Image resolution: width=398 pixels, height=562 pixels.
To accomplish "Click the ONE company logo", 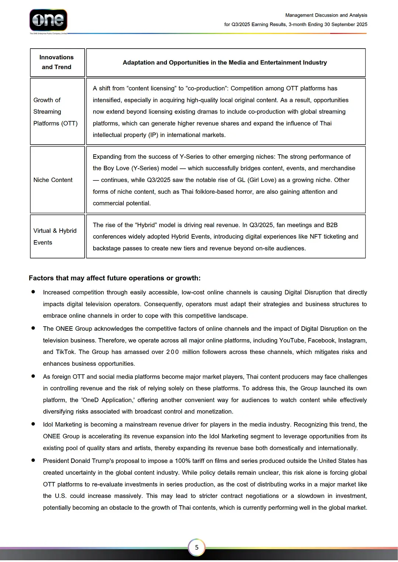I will (x=48, y=20).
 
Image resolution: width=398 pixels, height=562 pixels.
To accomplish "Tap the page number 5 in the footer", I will (x=197, y=547).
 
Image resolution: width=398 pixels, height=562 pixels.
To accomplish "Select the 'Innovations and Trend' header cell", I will (x=57, y=62).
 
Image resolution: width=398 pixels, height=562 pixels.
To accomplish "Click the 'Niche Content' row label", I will (x=53, y=180).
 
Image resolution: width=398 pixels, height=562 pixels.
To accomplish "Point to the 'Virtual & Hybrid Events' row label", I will (x=55, y=236).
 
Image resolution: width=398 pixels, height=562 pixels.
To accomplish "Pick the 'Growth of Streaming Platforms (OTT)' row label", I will (x=55, y=112).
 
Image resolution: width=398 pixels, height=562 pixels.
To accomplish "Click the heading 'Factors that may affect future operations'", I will (x=115, y=278).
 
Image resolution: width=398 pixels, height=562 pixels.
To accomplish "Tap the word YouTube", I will (x=292, y=341).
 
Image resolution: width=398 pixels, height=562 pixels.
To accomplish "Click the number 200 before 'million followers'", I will (x=172, y=352).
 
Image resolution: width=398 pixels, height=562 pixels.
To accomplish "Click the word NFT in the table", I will (x=316, y=237).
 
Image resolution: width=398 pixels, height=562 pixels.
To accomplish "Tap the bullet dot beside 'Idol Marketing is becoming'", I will (x=33, y=424).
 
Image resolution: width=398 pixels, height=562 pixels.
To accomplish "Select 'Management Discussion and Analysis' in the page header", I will (x=326, y=15).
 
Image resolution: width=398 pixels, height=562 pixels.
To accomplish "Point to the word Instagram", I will (x=352, y=341).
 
